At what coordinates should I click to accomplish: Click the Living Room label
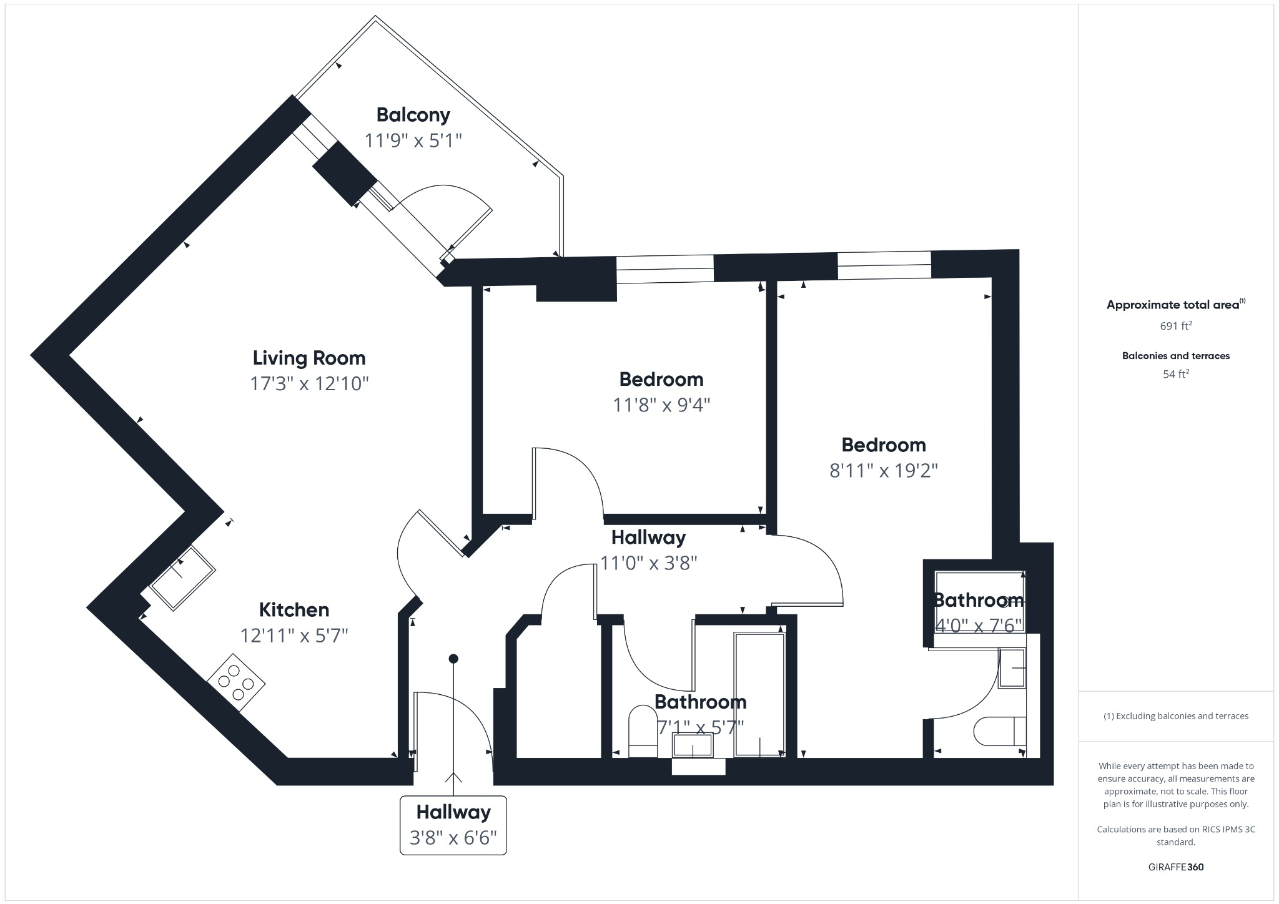[309, 358]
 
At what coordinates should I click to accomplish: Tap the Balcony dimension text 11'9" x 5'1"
[413, 140]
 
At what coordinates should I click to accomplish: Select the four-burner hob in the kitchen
[236, 682]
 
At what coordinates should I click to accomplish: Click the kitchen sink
[183, 577]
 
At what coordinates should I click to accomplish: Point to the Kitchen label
[294, 609]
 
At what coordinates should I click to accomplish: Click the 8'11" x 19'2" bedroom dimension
[884, 470]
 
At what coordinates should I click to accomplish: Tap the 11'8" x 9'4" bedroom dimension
[661, 405]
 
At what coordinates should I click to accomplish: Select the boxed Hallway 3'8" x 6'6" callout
[453, 825]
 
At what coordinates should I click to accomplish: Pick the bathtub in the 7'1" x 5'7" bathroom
[759, 695]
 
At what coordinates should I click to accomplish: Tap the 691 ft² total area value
[1176, 325]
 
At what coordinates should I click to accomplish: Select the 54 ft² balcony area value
[1176, 374]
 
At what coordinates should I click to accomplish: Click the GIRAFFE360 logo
[1176, 867]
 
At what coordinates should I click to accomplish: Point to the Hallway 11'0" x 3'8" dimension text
[648, 563]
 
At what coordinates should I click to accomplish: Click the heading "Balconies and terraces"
[1176, 356]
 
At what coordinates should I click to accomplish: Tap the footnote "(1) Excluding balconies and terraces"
[1176, 716]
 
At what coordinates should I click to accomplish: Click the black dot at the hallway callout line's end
[454, 659]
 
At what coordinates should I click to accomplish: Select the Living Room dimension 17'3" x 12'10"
[309, 383]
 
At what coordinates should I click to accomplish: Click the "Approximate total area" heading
[1173, 305]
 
